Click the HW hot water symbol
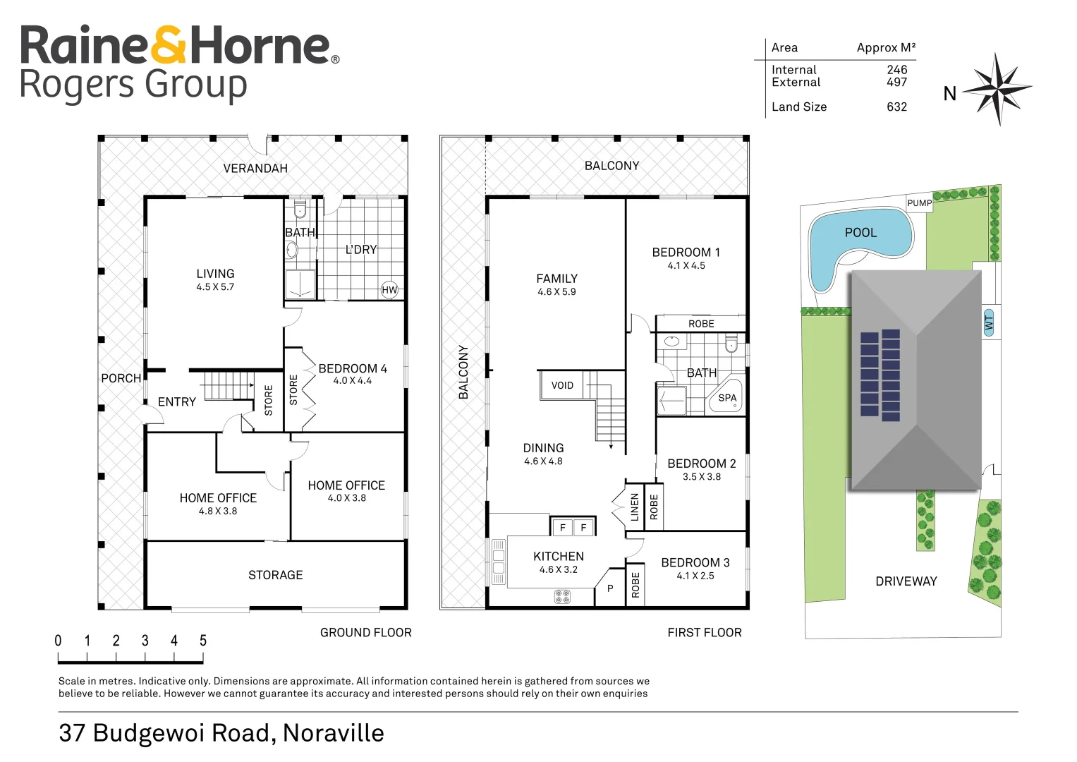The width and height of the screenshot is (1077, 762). [389, 289]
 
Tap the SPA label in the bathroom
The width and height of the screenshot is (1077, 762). [727, 398]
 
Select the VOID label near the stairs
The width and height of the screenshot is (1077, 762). [562, 385]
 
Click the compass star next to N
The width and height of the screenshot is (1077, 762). [997, 89]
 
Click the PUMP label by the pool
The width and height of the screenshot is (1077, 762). [919, 203]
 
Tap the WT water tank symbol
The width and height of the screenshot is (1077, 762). [989, 323]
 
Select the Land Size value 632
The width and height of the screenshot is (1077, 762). [896, 107]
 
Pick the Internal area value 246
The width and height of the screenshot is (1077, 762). [896, 70]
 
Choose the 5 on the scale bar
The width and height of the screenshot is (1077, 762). [203, 641]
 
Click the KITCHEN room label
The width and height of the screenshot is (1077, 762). [558, 557]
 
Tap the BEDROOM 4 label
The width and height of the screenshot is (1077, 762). [353, 368]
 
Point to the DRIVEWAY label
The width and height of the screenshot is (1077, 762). [906, 581]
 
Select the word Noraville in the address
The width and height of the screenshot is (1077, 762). [333, 733]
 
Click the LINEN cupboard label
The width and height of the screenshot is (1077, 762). [635, 507]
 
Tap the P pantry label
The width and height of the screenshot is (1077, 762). [610, 588]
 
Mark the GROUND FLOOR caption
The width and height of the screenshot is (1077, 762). [365, 633]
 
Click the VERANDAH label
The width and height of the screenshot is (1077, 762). [255, 168]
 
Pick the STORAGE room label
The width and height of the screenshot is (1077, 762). [275, 575]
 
